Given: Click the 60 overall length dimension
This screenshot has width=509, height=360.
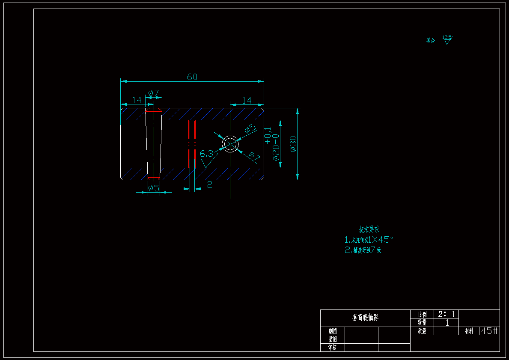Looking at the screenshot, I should [192, 77].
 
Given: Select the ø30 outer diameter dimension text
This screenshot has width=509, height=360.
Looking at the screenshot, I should [293, 144].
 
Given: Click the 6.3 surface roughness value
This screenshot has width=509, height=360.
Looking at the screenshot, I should [206, 154].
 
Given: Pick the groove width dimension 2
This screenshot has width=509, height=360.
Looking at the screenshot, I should [209, 184].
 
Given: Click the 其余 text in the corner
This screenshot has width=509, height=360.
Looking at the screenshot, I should [430, 41].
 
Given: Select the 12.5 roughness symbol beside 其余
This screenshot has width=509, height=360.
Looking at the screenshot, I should [447, 40].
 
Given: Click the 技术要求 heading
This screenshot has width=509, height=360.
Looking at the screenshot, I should [369, 229].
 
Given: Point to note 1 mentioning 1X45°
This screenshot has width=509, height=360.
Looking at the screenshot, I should [369, 240].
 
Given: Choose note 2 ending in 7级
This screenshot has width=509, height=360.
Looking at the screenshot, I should [363, 250].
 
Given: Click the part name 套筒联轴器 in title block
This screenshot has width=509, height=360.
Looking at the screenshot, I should [365, 318].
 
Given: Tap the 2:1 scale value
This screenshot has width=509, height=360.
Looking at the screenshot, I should [446, 314].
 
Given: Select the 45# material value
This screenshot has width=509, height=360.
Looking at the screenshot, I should [489, 331].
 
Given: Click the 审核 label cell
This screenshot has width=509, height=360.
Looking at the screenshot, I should [332, 347].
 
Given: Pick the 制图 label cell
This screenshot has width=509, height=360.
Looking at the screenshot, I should [332, 331].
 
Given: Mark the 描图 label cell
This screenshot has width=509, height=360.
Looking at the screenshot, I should [332, 339].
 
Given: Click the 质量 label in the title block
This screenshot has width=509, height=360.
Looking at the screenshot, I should [422, 331].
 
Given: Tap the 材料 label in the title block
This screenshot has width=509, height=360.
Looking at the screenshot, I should [469, 331].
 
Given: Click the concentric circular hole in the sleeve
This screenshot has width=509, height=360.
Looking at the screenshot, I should [230, 144].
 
